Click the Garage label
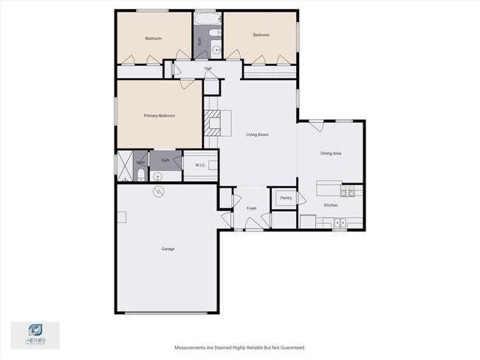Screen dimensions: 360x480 [x=168, y=249]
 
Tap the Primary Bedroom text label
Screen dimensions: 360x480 [x=159, y=116]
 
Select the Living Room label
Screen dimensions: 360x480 [x=257, y=135]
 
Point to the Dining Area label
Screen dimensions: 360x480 [x=330, y=154]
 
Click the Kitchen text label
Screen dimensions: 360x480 [x=331, y=205]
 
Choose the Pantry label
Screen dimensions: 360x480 [x=287, y=198]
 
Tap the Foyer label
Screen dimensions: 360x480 [x=251, y=209]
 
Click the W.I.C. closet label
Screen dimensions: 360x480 [x=200, y=166]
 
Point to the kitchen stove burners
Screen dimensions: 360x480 [x=348, y=192]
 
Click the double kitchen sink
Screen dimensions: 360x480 [x=340, y=222]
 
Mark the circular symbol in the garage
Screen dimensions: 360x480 [x=157, y=192]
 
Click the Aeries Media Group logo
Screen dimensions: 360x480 [x=35, y=333]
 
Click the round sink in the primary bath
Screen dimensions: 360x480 [x=157, y=177]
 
